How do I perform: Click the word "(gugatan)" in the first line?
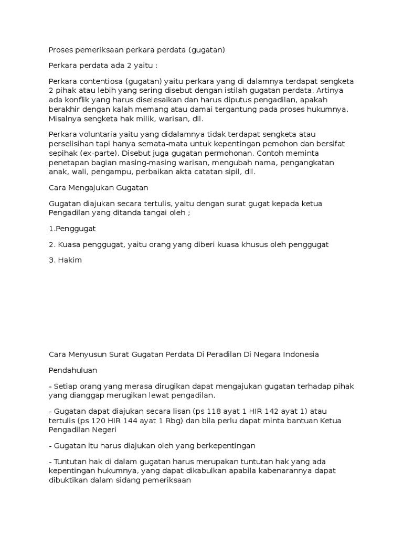[x=206, y=50]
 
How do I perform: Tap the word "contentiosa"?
[x=98, y=81]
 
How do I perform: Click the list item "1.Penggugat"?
[x=72, y=229]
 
